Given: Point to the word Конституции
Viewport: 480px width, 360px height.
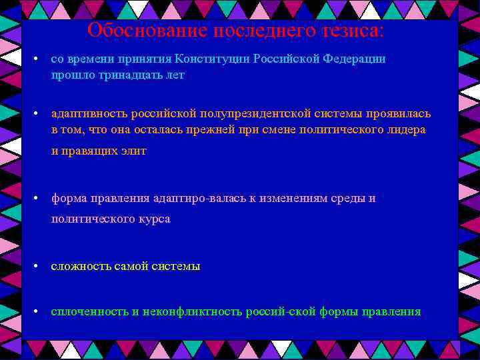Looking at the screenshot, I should (215, 59).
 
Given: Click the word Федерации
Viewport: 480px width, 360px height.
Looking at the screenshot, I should (355, 59).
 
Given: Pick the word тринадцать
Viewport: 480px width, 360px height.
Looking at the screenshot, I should (123, 75).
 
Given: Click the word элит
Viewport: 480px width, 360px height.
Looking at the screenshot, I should (133, 151).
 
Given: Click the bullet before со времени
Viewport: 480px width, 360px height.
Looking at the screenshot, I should (37, 59).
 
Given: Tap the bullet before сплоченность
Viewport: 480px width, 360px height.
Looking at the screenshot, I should (37, 312).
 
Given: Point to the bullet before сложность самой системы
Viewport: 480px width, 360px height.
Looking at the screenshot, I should (37, 267).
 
